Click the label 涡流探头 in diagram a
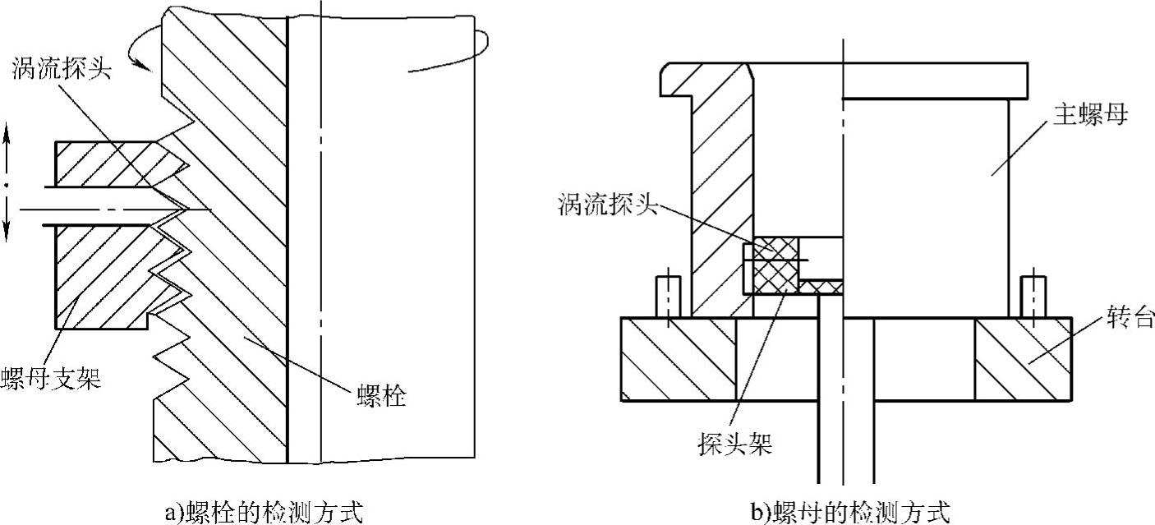(x=62, y=68)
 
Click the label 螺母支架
(x=51, y=380)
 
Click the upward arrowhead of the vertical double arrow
(x=7, y=131)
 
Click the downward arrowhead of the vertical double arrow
(x=7, y=234)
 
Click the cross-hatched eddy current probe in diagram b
(x=772, y=265)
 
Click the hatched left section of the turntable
(x=679, y=359)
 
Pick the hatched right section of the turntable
(x=1023, y=359)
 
